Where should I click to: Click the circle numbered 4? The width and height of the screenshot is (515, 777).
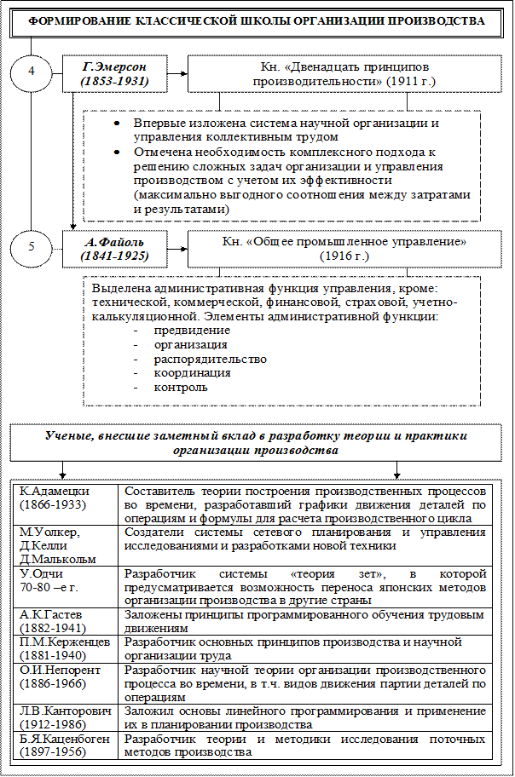(31, 72)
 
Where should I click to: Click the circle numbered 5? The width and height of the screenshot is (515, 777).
(31, 248)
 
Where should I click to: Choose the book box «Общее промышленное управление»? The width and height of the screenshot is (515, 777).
(344, 248)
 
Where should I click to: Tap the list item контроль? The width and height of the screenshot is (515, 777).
(180, 388)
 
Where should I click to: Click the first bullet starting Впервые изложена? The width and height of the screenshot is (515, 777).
(286, 129)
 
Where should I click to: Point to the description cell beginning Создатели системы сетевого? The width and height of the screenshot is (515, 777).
(305, 538)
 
